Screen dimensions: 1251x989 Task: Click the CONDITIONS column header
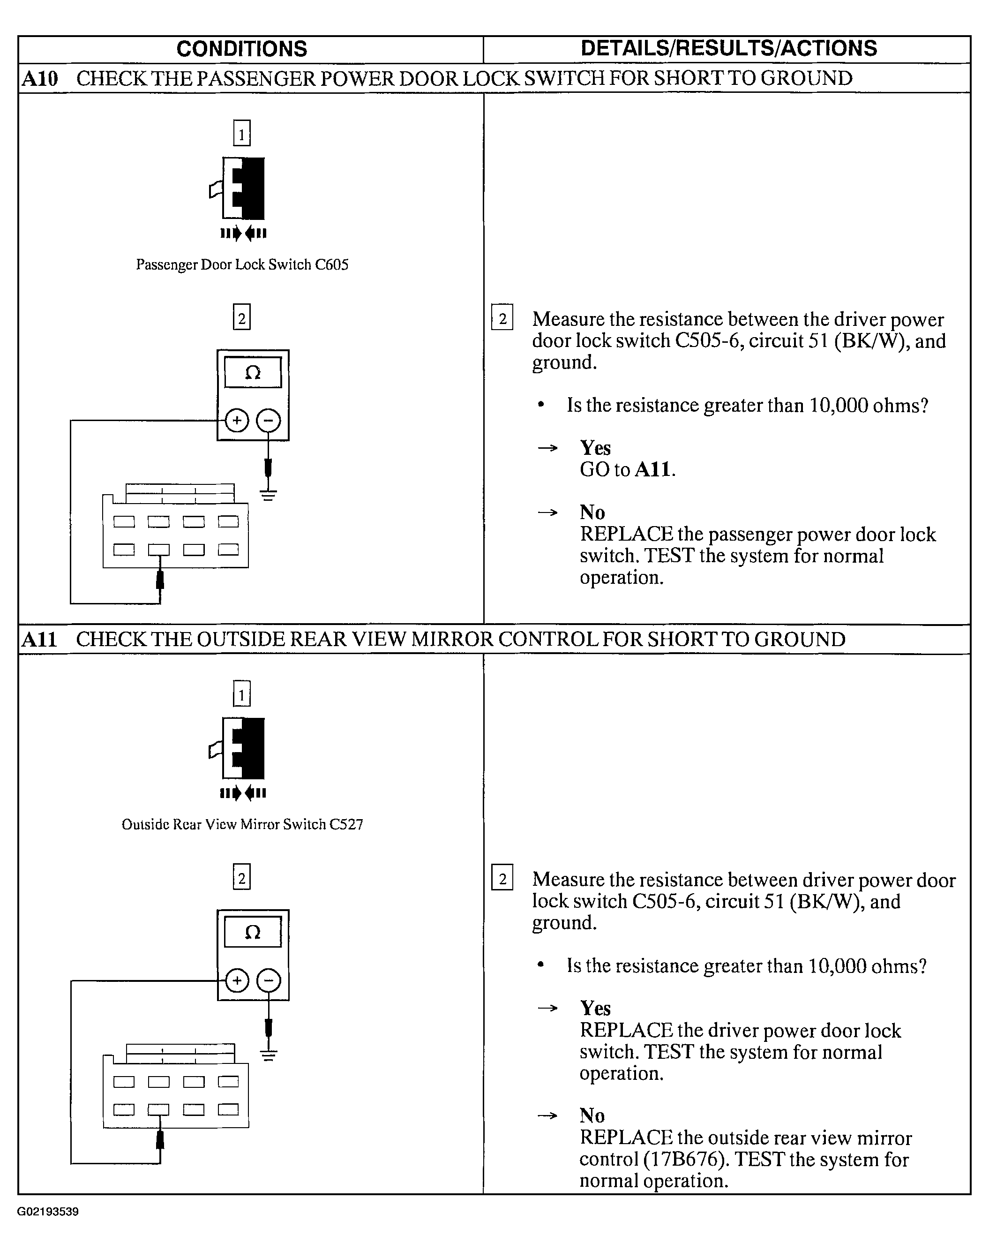click(x=241, y=49)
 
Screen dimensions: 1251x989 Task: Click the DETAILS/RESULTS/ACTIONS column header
click(x=728, y=49)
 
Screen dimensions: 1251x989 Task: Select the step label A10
click(x=40, y=79)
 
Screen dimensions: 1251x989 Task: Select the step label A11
click(x=39, y=640)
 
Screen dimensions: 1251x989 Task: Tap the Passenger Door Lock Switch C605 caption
click(x=242, y=264)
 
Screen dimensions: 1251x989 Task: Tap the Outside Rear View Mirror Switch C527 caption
click(x=242, y=824)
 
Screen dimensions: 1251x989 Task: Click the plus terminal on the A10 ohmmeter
click(x=236, y=421)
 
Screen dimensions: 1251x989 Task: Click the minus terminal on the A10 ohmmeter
click(x=268, y=421)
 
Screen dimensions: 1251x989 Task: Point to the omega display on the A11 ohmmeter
click(x=253, y=932)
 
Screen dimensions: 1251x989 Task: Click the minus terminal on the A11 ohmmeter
click(x=268, y=980)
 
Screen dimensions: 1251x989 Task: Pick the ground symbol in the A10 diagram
click(x=268, y=495)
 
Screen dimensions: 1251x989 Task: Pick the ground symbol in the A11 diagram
click(x=268, y=1055)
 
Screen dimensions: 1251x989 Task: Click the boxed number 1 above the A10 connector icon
click(x=241, y=133)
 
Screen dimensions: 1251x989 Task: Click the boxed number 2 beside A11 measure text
click(x=502, y=879)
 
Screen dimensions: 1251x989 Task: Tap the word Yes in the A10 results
click(x=595, y=448)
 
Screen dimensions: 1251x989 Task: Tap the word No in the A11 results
click(x=592, y=1115)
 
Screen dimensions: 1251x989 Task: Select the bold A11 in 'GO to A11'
click(x=652, y=469)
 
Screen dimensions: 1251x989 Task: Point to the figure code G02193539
click(x=48, y=1212)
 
